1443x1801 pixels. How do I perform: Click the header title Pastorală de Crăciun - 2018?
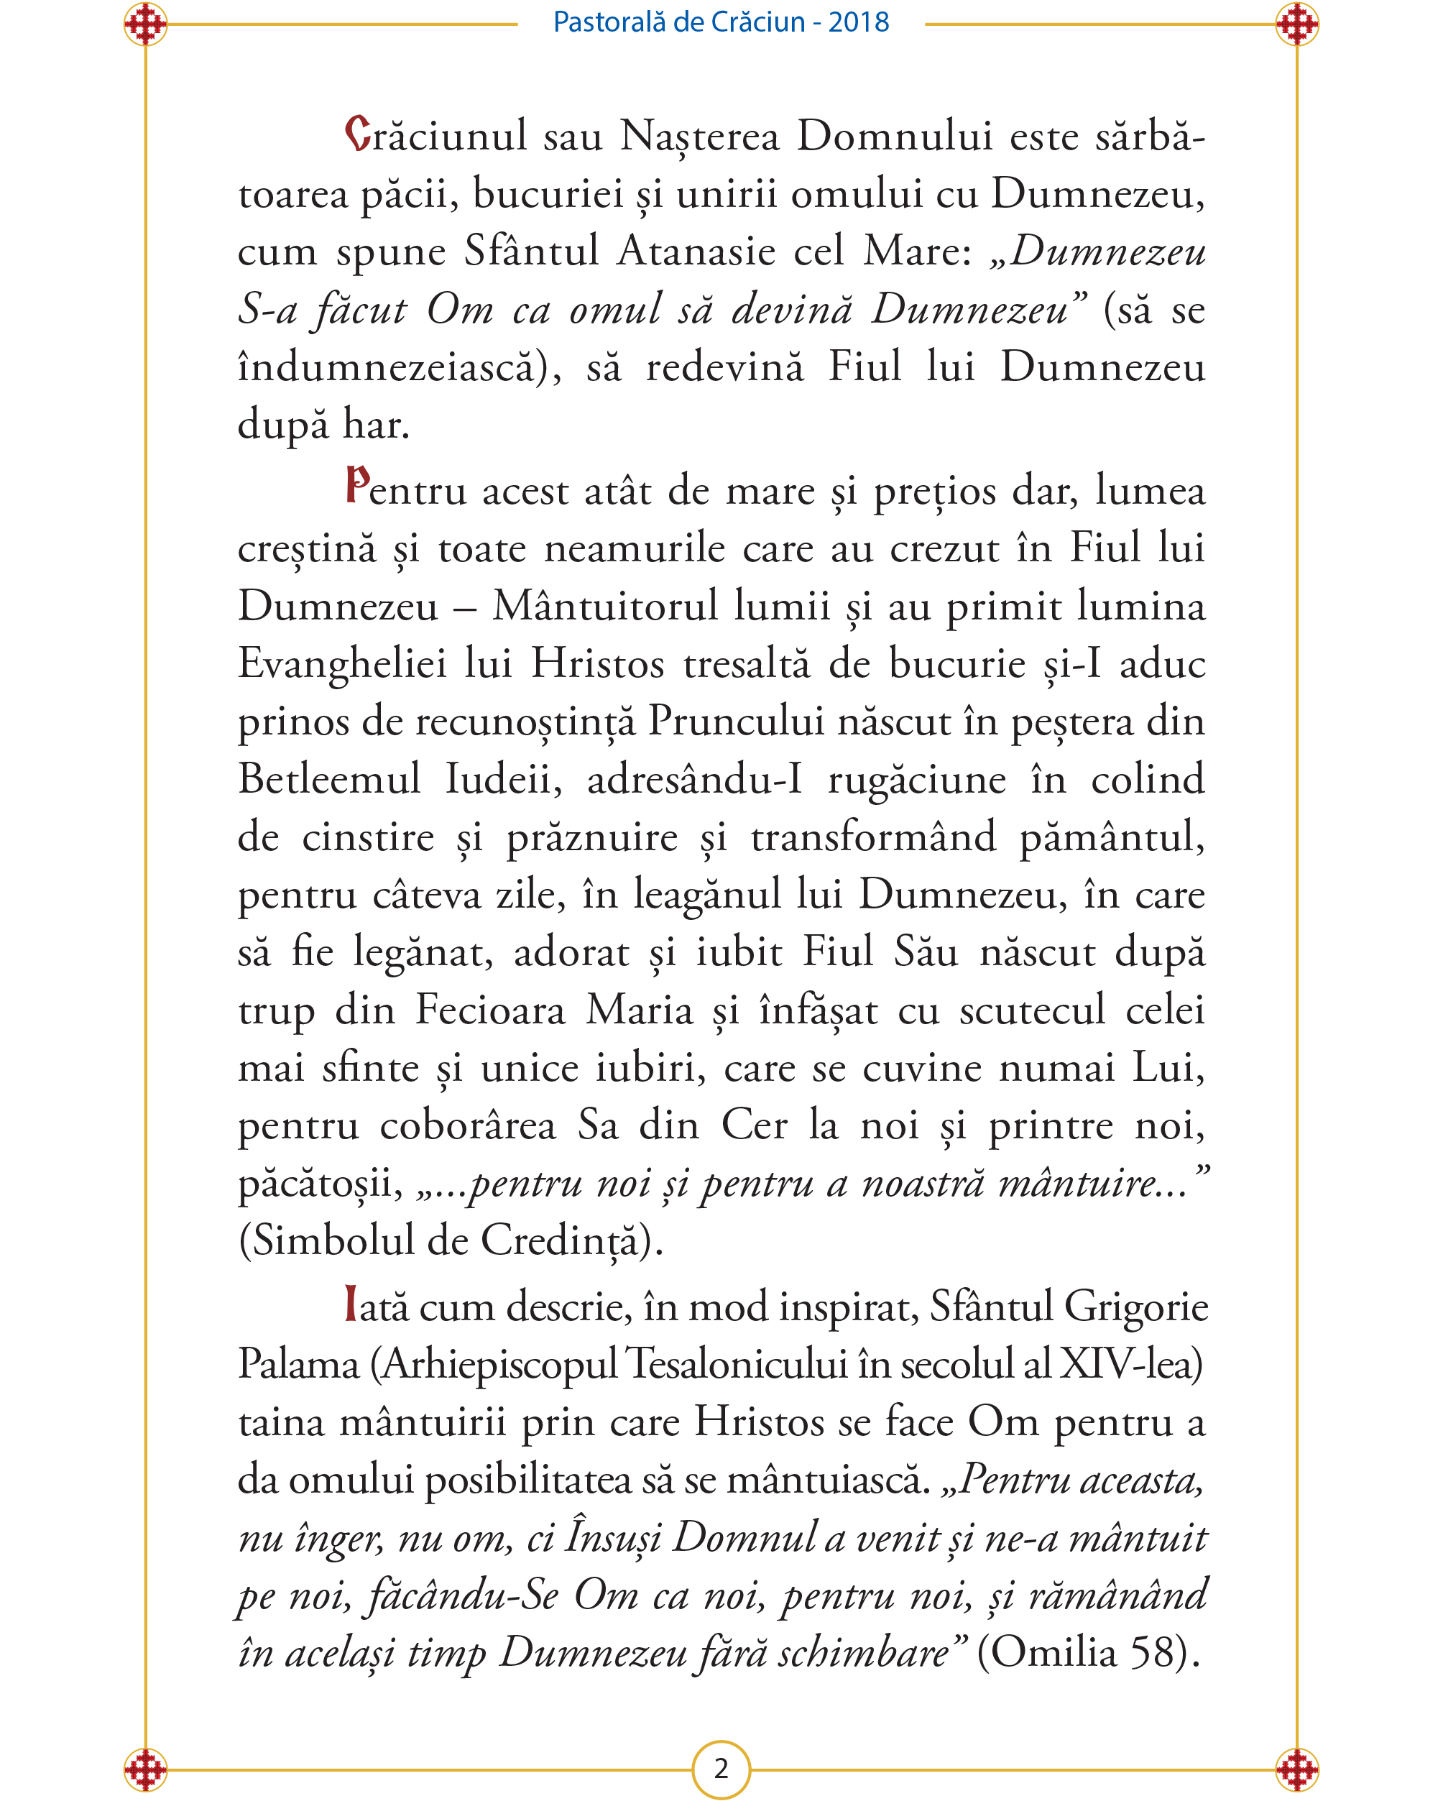pos(721,22)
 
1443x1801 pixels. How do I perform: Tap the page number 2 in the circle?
pos(721,1769)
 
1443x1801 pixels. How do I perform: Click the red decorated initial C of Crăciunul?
pos(357,134)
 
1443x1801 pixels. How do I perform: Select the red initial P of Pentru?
pos(357,485)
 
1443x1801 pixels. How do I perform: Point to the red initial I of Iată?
pos(351,1306)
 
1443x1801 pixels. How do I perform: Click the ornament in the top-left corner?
pos(145,24)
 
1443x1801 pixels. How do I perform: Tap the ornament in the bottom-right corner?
pos(1297,1769)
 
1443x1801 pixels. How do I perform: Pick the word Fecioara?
pos(490,1010)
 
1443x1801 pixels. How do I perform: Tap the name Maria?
pos(640,1010)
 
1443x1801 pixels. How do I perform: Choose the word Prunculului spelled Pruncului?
pos(736,722)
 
